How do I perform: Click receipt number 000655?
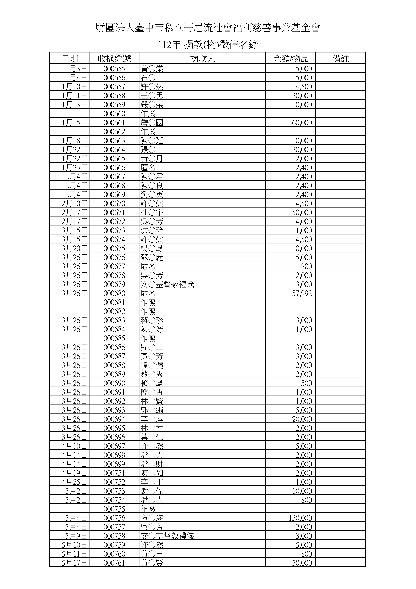(114, 69)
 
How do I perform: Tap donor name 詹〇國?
(152, 123)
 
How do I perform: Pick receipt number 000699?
(114, 464)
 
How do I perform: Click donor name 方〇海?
(152, 518)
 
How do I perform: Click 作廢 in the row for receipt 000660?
(148, 114)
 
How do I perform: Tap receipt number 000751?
(114, 473)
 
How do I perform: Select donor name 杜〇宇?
(152, 212)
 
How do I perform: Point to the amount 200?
(307, 266)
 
